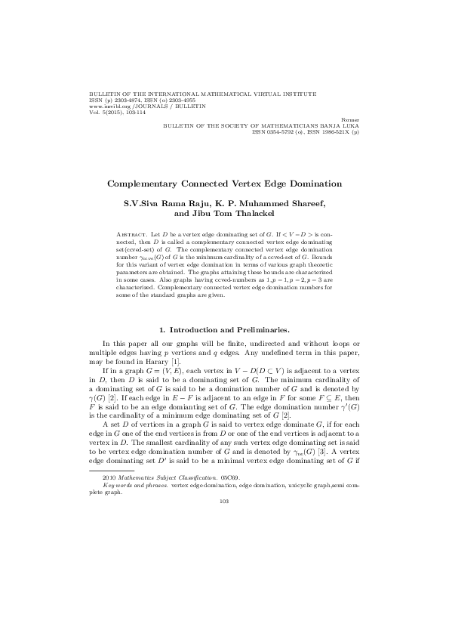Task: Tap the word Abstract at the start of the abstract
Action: (x=134, y=236)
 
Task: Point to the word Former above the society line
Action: (x=350, y=119)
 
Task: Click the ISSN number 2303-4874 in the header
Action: (x=128, y=101)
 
